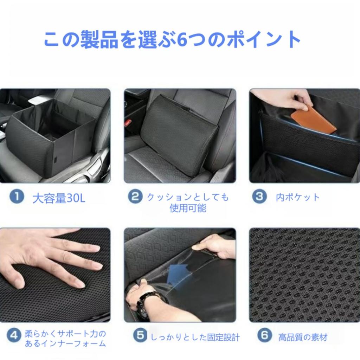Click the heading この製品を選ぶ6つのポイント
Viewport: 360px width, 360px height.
pos(172,40)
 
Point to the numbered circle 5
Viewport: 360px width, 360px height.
pos(140,336)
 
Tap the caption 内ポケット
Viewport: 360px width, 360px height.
pos(298,197)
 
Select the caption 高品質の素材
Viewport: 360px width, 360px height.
pos(303,337)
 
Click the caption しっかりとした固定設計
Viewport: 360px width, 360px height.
pos(195,337)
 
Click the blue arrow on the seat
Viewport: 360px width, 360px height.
pos(178,273)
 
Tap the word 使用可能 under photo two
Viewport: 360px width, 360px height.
pos(188,208)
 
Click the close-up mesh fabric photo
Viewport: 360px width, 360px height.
pos(304,275)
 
